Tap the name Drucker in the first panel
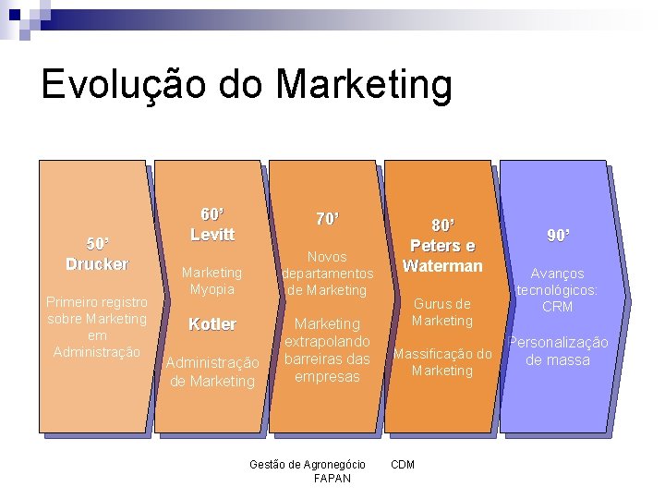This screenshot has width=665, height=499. (97, 264)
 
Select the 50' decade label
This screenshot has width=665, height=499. (97, 244)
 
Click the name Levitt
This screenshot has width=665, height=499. (212, 235)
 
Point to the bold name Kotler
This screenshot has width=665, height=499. (212, 324)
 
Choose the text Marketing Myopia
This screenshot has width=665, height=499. (212, 281)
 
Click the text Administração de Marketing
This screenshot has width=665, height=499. (212, 371)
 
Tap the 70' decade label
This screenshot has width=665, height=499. (327, 219)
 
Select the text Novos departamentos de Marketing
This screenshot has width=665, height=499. (327, 274)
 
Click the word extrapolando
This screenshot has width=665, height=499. (327, 342)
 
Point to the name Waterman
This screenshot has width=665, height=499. (442, 266)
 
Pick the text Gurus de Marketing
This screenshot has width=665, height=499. (442, 312)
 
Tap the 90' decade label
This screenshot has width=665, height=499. (558, 237)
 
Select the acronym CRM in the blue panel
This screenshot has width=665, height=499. (558, 307)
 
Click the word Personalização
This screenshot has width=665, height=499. (559, 343)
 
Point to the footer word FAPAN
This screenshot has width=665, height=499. (332, 479)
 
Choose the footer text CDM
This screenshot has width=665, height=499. (403, 464)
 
